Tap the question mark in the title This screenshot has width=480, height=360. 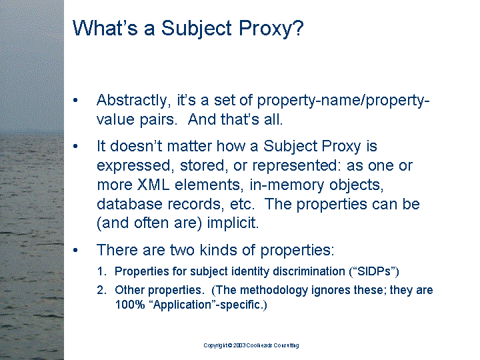297,27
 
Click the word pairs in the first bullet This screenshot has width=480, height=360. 159,120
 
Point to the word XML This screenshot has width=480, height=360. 153,185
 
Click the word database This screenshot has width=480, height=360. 129,204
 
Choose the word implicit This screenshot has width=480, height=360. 233,223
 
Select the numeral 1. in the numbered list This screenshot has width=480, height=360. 101,271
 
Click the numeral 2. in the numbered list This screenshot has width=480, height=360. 101,290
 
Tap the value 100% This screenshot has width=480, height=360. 130,305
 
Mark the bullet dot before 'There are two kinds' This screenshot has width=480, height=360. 75,251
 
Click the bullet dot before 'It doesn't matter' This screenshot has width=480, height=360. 75,146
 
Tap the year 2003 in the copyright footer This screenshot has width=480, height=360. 239,345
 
